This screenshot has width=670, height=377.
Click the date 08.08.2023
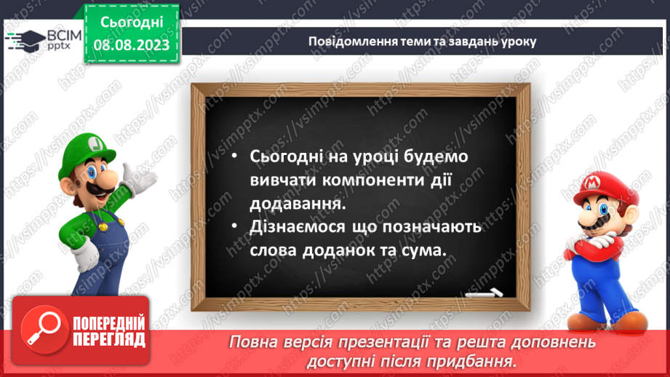pos(132,45)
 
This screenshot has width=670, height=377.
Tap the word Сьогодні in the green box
pos(132,23)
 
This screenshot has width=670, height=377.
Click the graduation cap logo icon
pos(25,41)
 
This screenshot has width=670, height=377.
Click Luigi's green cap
pos(87,151)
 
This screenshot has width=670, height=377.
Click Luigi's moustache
pos(97,189)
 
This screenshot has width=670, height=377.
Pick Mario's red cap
pos(603,188)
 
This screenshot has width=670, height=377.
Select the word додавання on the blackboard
pos(298,203)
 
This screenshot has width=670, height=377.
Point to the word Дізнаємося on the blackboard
pos(298,226)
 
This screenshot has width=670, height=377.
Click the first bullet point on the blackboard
pos(234,156)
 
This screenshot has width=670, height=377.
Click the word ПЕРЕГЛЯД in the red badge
pos(109,340)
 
